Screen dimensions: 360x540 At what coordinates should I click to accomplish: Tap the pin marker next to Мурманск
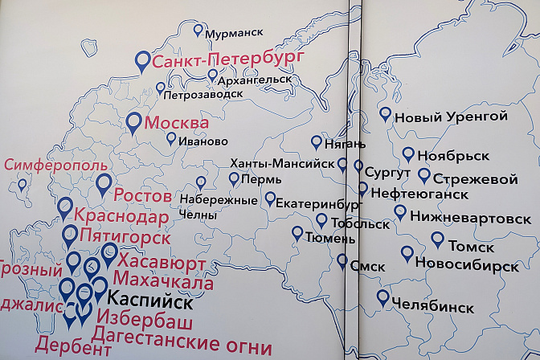click(x=198, y=31)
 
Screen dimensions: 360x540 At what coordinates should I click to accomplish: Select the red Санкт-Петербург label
click(x=216, y=59)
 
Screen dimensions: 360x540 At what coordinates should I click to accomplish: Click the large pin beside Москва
click(x=134, y=123)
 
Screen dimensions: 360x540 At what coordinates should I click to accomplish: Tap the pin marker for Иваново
click(x=171, y=138)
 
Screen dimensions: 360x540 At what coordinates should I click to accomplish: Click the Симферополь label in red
click(x=55, y=165)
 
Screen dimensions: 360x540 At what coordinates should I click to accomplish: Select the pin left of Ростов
click(x=103, y=185)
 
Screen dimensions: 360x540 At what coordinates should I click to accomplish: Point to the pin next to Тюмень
click(x=298, y=233)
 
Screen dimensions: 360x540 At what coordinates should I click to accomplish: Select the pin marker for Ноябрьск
click(x=408, y=153)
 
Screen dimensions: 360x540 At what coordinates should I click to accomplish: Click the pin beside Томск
click(x=437, y=239)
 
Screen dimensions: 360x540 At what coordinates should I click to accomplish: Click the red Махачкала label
click(x=164, y=282)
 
